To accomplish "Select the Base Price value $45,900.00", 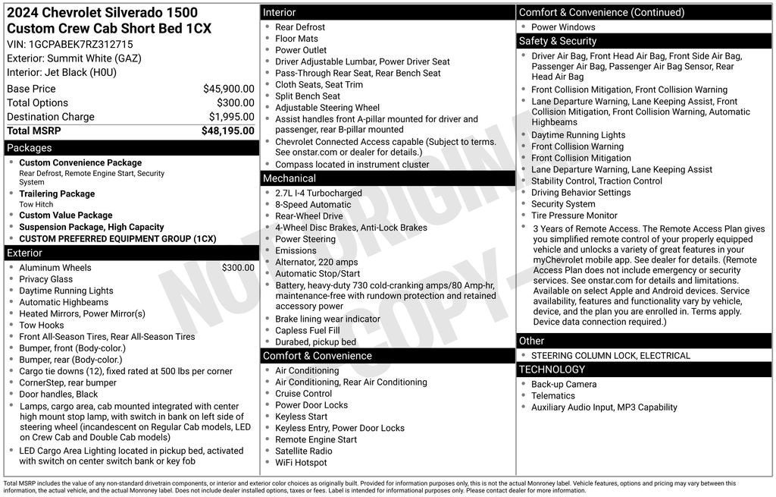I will pos(228,89).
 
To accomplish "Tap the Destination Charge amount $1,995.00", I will pos(231,117).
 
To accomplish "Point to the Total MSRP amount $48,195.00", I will pos(227,131).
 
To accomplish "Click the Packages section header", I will pos(30,148).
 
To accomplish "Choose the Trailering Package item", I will pos(57,193).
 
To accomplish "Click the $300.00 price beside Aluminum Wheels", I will pos(238,268).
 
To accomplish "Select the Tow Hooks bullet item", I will pos(43,326).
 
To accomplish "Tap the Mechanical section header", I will pos(289,179).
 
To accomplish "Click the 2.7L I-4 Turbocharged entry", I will pos(318,193).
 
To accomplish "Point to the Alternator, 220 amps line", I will pos(316,263).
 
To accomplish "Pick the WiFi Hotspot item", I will pos(301,463).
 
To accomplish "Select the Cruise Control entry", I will pos(303,394).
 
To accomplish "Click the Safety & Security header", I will pos(558,41).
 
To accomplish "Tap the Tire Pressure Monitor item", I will pos(574,215).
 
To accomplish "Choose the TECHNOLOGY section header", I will pos(552,370).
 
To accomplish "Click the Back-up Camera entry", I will pos(564,385).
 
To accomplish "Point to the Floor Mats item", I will pos(297,39).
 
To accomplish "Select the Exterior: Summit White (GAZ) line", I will pos(74,58).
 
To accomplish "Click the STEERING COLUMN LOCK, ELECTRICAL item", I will pos(611,356).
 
